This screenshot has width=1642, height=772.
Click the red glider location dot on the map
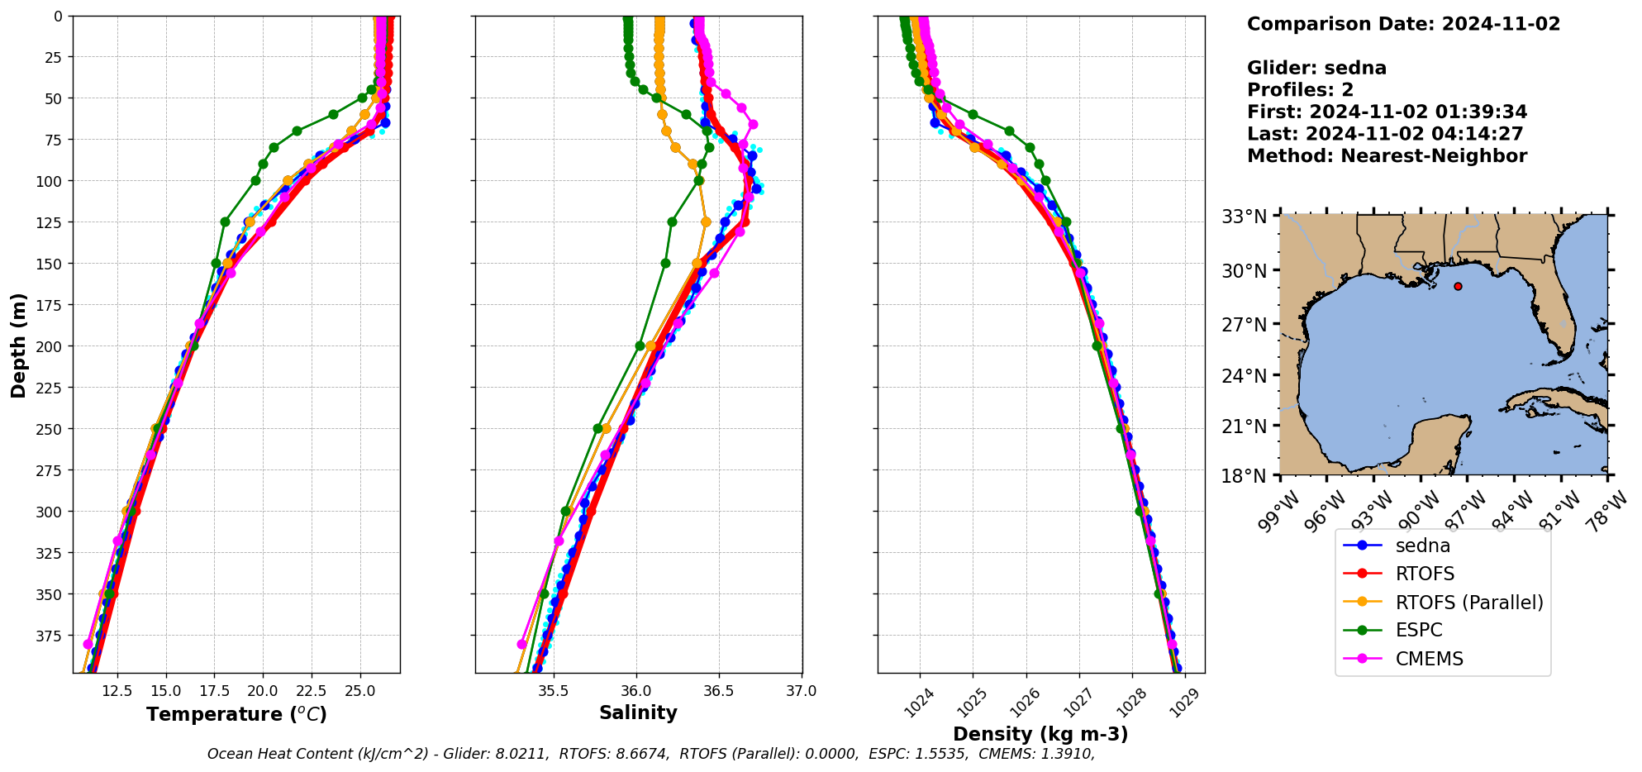click(x=1458, y=286)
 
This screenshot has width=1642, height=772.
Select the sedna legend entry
click(x=1422, y=546)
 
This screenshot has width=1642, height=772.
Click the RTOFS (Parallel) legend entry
click(x=1468, y=603)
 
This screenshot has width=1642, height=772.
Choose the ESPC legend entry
click(x=1418, y=631)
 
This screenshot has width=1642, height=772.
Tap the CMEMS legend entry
click(x=1429, y=659)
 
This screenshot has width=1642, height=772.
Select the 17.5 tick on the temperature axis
click(x=215, y=690)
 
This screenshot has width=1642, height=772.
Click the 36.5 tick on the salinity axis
click(x=718, y=690)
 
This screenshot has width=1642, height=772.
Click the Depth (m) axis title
click(x=18, y=345)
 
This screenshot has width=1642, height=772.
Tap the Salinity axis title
click(x=638, y=713)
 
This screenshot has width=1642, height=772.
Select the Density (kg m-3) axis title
click(x=1040, y=734)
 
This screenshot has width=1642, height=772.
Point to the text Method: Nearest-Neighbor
click(x=1387, y=155)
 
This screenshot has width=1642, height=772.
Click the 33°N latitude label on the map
click(x=1244, y=217)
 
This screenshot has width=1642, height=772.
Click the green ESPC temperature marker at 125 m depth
click(x=225, y=222)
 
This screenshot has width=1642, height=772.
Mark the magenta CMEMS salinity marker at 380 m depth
click(x=521, y=644)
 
